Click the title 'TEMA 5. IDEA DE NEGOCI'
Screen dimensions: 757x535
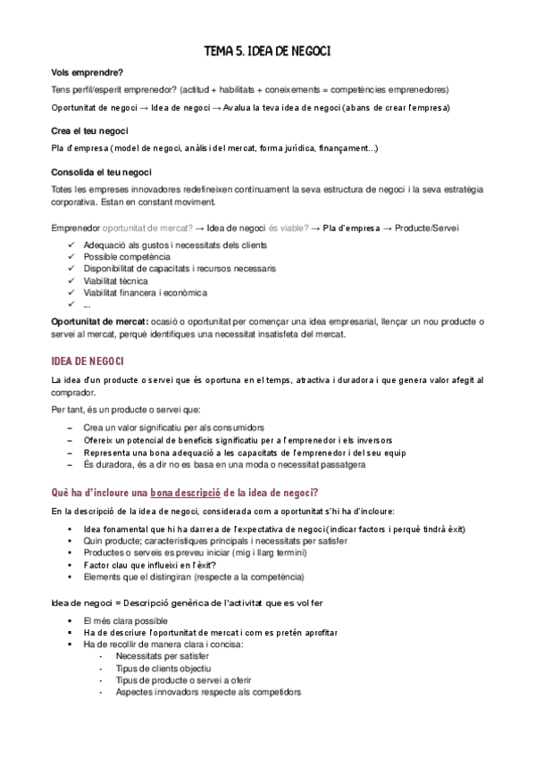coord(267,53)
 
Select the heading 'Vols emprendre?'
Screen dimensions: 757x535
coord(88,72)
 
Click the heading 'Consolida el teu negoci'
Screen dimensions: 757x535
coord(102,171)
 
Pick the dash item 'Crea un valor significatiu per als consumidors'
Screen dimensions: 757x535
coord(180,428)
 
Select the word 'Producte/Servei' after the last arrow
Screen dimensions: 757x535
coord(428,229)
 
